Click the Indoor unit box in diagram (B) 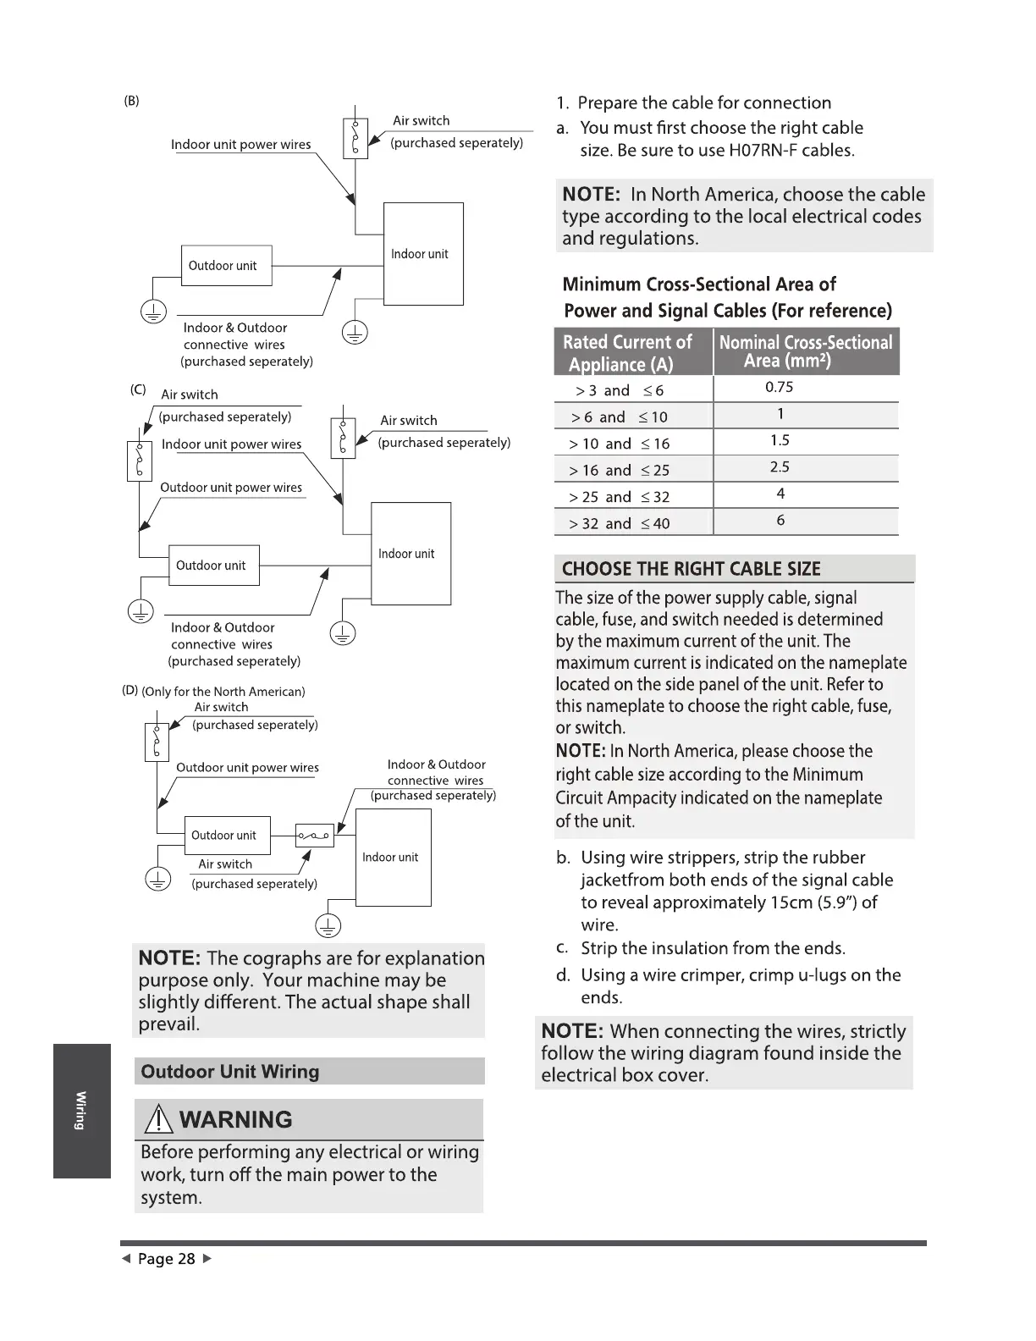[423, 253]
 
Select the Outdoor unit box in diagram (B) [226, 266]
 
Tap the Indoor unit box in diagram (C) [411, 553]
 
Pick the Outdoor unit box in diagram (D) [227, 835]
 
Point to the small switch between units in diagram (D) [314, 836]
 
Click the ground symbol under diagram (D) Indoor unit [328, 925]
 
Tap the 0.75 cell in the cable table [779, 388]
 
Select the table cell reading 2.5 [779, 467]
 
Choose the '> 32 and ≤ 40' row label [620, 524]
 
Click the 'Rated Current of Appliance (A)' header [627, 353]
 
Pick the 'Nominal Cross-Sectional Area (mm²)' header [806, 351]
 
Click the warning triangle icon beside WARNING [158, 1121]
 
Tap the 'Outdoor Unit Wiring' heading [230, 1072]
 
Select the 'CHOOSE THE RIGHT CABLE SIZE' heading [691, 569]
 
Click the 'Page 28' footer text [167, 1259]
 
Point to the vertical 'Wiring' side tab [81, 1111]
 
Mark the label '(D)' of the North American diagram [130, 690]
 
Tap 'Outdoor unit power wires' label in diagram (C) [231, 488]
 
